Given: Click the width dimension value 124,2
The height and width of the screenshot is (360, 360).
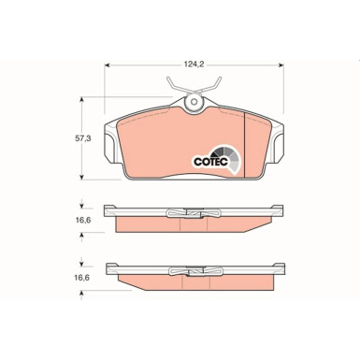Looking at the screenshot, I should (x=194, y=65).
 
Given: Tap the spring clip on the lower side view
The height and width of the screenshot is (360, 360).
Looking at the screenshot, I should (x=194, y=271).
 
